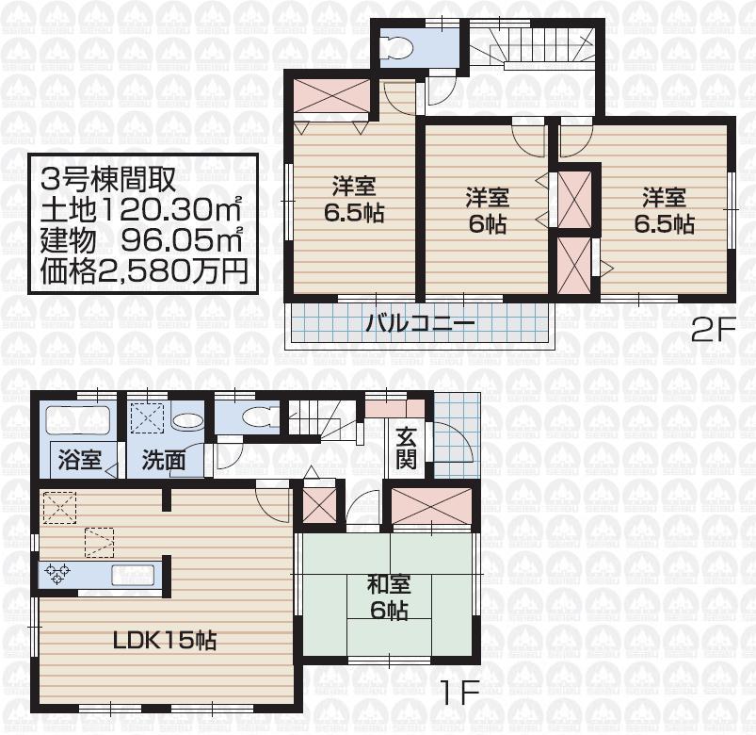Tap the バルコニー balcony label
pyautogui.click(x=420, y=327)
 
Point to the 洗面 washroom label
pyautogui.click(x=164, y=461)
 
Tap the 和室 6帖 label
pyautogui.click(x=388, y=597)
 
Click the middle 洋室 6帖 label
pyautogui.click(x=487, y=210)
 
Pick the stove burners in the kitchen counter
pyautogui.click(x=56, y=573)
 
